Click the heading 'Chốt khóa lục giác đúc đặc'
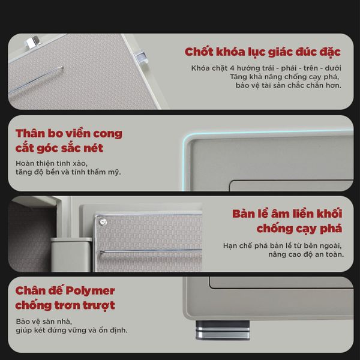click(x=263, y=52)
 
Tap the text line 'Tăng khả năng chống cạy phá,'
click(x=285, y=77)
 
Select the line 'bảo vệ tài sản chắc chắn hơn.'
click(x=288, y=86)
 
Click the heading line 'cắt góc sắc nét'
click(x=59, y=148)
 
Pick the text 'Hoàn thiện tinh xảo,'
click(x=52, y=163)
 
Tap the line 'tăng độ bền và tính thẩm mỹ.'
click(x=68, y=172)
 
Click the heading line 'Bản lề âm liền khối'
click(x=287, y=214)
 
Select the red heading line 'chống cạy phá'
click(x=299, y=229)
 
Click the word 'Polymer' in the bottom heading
click(x=89, y=291)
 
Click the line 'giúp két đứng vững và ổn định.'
click(x=72, y=330)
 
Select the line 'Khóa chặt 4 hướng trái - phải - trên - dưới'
click(x=266, y=68)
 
